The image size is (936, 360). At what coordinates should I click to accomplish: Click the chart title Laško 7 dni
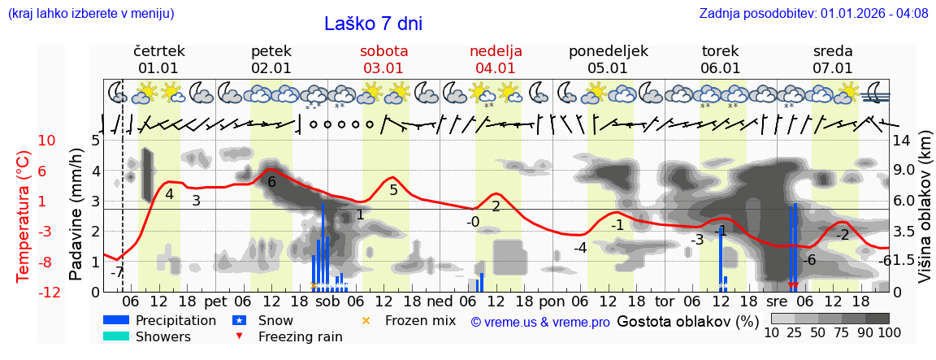click(x=373, y=24)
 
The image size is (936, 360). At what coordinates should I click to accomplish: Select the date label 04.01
click(x=496, y=68)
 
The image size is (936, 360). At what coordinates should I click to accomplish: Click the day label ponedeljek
click(x=608, y=51)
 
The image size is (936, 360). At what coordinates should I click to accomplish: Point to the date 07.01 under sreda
click(x=833, y=68)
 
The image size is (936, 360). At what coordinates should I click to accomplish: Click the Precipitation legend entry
click(x=175, y=320)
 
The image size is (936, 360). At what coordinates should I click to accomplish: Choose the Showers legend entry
click(x=163, y=336)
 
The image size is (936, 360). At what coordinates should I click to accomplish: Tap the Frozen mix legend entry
click(x=420, y=320)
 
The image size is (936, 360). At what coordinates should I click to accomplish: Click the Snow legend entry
click(x=276, y=320)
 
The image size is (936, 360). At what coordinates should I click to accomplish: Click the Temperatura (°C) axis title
click(x=22, y=216)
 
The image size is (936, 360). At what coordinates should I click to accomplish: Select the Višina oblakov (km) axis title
click(x=924, y=216)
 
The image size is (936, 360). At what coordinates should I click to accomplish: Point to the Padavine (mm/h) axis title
click(x=76, y=216)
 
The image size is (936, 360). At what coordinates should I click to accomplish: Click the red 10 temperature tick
click(x=46, y=141)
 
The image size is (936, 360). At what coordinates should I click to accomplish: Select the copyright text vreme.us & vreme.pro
click(x=540, y=322)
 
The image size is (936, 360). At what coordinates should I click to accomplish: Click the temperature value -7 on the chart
click(x=116, y=271)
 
